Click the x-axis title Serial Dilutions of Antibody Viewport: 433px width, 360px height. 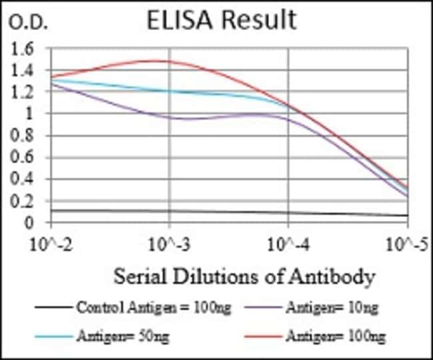click(x=243, y=275)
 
